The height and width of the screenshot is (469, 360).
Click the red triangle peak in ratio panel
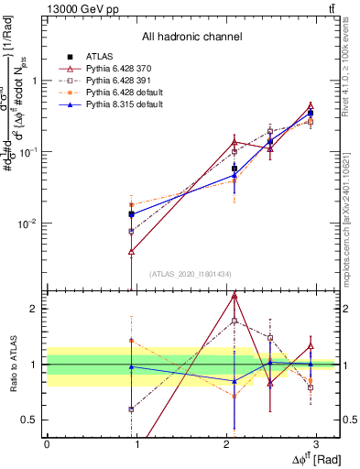click(235, 296)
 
